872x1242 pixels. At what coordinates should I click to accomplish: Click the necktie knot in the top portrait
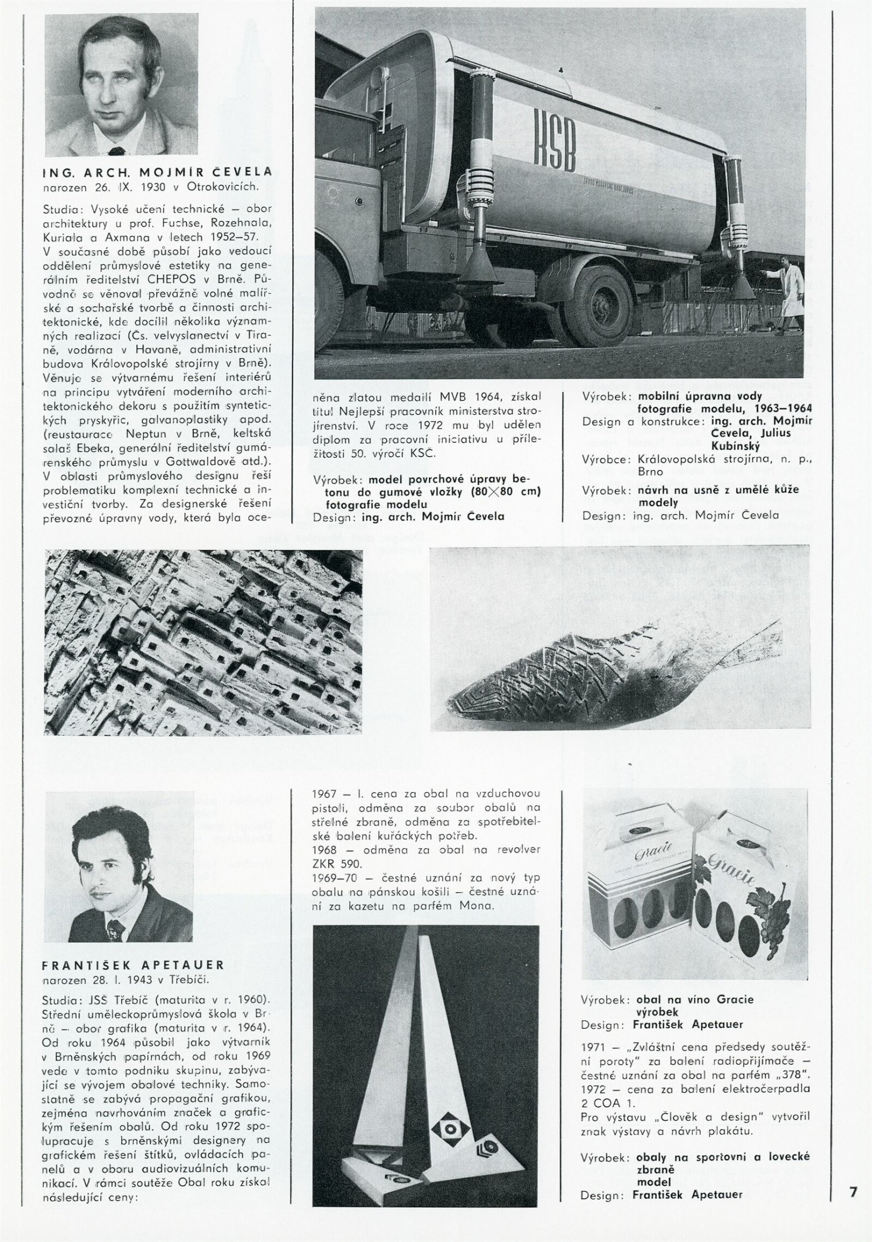[x=116, y=151]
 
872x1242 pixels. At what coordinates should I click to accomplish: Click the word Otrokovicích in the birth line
[x=223, y=187]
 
